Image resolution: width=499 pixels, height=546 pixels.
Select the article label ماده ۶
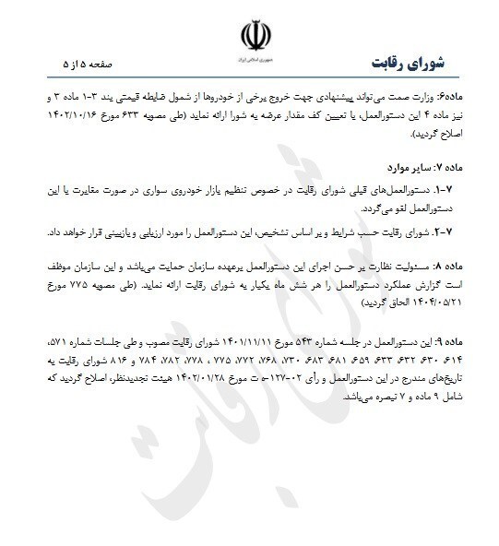(469, 97)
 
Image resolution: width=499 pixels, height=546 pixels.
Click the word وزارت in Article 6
(435, 97)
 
